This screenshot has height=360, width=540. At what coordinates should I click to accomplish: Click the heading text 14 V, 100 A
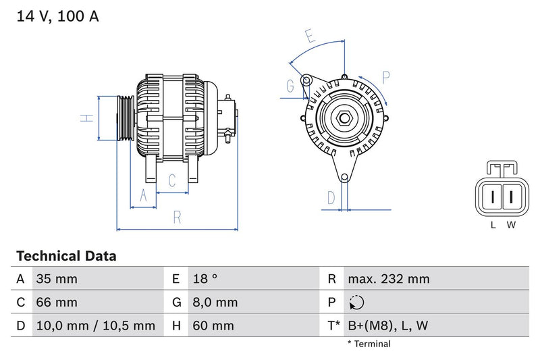tap(57, 17)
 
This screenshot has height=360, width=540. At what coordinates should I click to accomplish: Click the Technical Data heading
tap(66, 256)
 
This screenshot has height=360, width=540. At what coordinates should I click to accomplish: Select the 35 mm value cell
tap(56, 279)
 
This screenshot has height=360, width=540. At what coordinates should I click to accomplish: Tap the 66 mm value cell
tap(56, 303)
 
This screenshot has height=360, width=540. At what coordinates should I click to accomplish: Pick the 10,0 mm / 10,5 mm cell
tap(94, 326)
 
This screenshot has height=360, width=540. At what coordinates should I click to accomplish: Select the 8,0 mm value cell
tap(215, 303)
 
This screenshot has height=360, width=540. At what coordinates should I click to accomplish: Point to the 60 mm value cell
tap(213, 326)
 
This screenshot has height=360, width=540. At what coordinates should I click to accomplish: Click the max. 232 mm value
tap(388, 279)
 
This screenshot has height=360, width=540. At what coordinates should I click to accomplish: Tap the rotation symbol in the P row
tap(358, 303)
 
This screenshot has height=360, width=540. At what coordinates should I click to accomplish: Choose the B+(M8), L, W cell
tap(387, 326)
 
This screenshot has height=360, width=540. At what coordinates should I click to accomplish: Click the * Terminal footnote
tap(369, 344)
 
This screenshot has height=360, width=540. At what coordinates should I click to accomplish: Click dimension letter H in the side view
tap(86, 118)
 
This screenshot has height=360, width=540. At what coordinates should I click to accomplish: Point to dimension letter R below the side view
tap(177, 217)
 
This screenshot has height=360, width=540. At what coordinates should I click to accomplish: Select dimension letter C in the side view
tap(172, 180)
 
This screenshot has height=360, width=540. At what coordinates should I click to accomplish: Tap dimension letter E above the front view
tap(310, 36)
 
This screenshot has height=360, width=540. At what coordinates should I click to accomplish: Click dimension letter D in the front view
tap(331, 197)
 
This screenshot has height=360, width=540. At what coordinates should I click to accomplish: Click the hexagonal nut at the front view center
tap(344, 119)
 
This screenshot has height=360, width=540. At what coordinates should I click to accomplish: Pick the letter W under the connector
tap(512, 225)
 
